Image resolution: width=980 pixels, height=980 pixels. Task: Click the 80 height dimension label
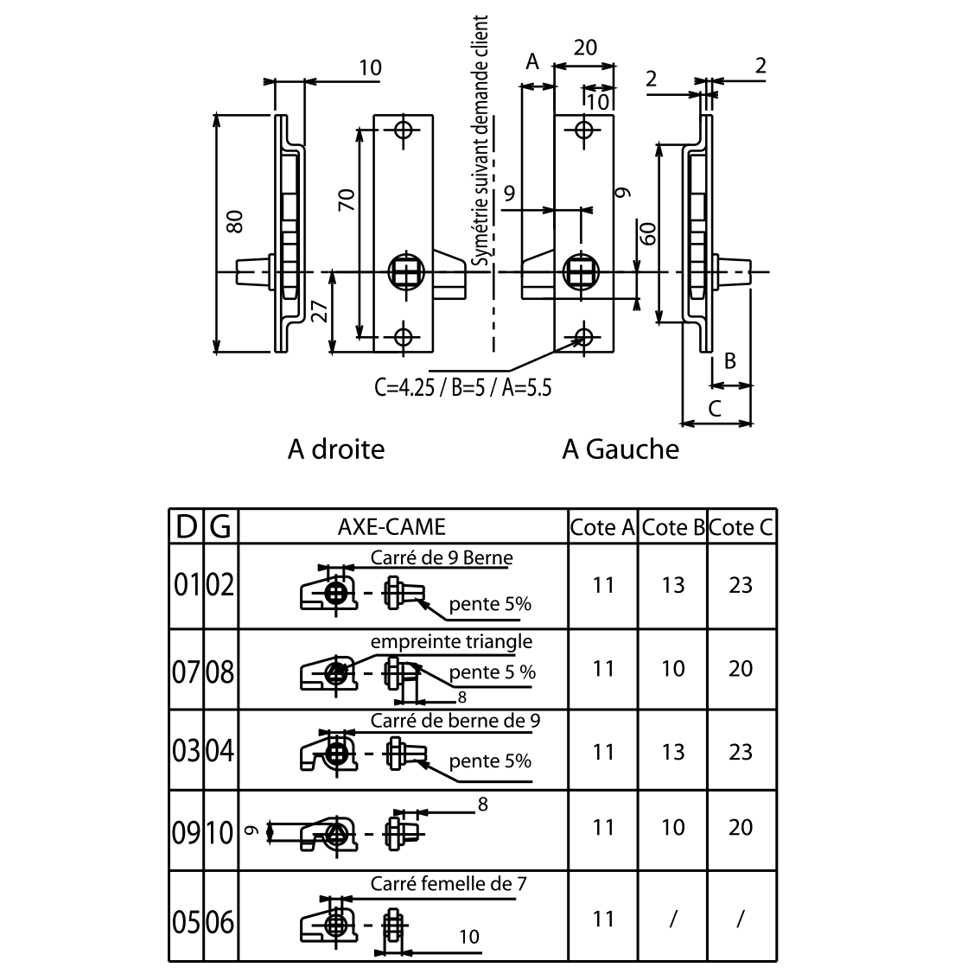(x=234, y=222)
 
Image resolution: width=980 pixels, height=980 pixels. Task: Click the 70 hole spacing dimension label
(x=347, y=200)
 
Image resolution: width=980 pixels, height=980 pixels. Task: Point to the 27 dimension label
(x=320, y=310)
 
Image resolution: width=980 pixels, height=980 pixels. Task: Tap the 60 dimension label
(x=648, y=233)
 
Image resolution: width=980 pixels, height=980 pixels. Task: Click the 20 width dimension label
(x=585, y=48)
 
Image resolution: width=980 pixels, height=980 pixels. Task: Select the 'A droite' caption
(x=336, y=449)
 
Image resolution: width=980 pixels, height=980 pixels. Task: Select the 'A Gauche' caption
(x=620, y=449)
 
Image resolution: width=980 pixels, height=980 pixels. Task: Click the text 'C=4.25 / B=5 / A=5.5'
(x=463, y=388)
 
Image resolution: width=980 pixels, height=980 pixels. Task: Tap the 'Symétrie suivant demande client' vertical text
(x=480, y=141)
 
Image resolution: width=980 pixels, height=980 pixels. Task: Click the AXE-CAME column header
(x=391, y=527)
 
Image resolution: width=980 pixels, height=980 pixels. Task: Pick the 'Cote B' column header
(x=673, y=527)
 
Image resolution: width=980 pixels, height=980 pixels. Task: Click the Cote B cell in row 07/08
(x=673, y=669)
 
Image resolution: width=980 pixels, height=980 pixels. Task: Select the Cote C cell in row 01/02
(x=741, y=585)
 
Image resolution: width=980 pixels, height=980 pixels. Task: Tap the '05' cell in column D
(x=187, y=922)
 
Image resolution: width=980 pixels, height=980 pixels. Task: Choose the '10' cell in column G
(x=220, y=832)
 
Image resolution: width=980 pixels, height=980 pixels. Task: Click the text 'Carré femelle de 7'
(x=449, y=884)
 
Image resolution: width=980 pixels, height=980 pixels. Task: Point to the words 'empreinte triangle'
(x=451, y=641)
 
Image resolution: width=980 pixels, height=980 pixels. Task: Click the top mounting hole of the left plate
(x=403, y=130)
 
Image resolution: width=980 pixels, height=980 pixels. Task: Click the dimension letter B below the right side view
(x=729, y=361)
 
